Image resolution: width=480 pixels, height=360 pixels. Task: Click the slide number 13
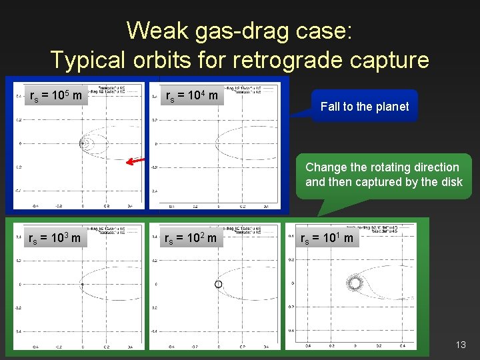click(x=461, y=345)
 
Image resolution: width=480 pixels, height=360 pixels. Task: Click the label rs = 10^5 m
click(x=56, y=96)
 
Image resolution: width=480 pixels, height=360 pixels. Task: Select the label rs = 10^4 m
click(x=191, y=96)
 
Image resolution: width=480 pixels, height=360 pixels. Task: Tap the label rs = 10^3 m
click(x=56, y=237)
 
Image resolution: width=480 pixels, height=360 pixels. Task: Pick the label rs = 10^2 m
click(x=191, y=237)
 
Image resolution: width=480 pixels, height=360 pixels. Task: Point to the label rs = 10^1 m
click(x=329, y=237)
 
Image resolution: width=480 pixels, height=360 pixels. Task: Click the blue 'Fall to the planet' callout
click(x=365, y=106)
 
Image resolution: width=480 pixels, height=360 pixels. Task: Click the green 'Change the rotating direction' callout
click(x=383, y=175)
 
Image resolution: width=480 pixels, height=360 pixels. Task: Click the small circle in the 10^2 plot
click(x=217, y=285)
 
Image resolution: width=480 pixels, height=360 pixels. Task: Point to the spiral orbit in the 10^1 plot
click(x=355, y=283)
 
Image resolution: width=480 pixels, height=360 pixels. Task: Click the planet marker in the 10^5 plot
click(x=83, y=143)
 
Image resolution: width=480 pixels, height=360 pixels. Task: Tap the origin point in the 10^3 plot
click(x=82, y=285)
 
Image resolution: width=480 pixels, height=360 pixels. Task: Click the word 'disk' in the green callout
click(x=449, y=182)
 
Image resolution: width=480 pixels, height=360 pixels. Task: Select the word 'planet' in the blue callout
click(x=391, y=106)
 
